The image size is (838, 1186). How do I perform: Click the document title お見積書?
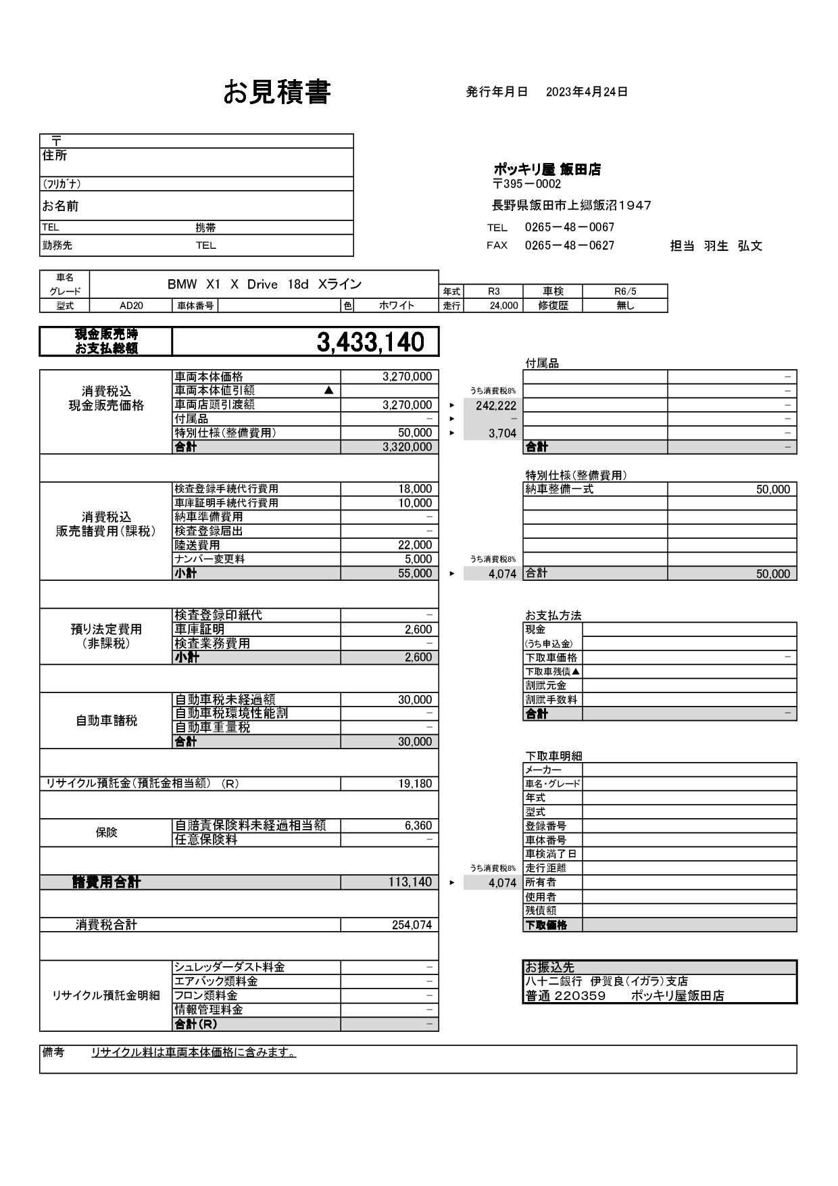(x=276, y=93)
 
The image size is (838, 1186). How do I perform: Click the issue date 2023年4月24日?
(x=587, y=92)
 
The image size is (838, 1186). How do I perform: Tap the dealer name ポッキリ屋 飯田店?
(x=547, y=170)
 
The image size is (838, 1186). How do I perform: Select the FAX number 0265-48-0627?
(x=569, y=245)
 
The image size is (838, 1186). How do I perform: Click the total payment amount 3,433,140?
(x=370, y=343)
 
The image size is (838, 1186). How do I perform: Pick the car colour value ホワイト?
(x=397, y=306)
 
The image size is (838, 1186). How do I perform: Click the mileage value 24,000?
(x=503, y=306)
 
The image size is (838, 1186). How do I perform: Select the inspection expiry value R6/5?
(x=624, y=291)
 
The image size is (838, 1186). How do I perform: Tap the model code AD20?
(x=131, y=306)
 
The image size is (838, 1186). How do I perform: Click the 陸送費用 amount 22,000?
(x=414, y=545)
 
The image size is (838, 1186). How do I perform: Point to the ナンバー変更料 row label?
(x=209, y=559)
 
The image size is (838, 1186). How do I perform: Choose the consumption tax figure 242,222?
(x=495, y=406)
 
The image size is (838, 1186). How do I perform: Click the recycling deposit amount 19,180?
(x=414, y=784)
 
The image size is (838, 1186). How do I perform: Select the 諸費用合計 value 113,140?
(x=410, y=882)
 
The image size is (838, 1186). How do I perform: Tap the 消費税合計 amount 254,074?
(x=411, y=925)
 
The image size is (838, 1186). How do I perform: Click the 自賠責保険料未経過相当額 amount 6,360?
(x=418, y=826)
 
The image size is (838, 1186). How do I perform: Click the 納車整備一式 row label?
(x=559, y=489)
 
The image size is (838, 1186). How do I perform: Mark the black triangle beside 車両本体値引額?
(x=328, y=390)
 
